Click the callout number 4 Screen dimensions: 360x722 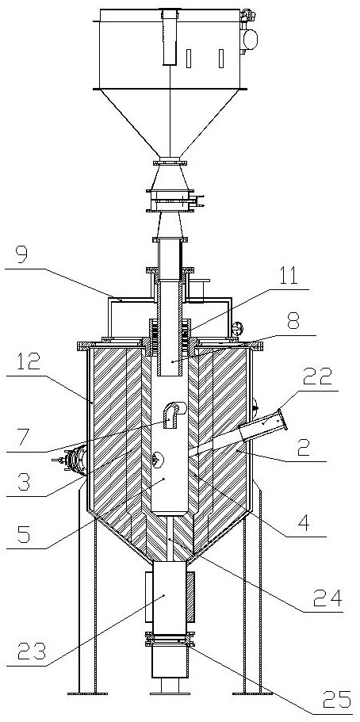click(301, 525)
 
